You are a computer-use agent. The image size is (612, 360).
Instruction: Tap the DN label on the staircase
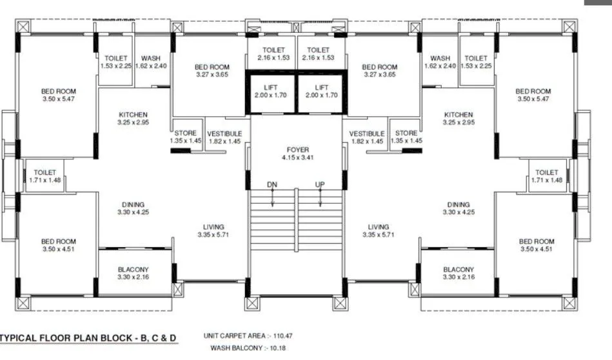coord(272,185)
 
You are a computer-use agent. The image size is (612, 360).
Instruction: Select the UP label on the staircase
coord(320,185)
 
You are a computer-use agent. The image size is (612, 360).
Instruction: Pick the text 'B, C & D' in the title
coord(157,337)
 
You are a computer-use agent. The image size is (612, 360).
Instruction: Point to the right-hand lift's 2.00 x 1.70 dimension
coord(321,95)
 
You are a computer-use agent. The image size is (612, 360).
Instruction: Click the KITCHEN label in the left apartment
coord(133,114)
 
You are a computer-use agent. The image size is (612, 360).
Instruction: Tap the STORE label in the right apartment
coord(406,133)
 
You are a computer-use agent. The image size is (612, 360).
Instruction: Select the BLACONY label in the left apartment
coord(133,269)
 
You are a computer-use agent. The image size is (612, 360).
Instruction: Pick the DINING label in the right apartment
coord(459,205)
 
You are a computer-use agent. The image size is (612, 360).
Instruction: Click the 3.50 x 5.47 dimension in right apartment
coord(533,99)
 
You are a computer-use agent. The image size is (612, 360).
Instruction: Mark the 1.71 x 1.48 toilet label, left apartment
coord(45,180)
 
